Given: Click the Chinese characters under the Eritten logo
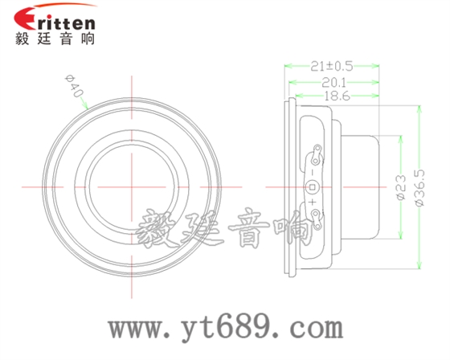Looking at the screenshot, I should coord(55,39).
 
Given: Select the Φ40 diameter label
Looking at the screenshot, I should coord(73,86).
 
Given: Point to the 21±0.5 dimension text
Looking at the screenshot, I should coord(332,66).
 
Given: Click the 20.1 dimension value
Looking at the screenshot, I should coord(332,81).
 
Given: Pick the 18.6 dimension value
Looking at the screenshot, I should coord(332,96).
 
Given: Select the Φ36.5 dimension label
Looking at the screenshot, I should coord(419,188).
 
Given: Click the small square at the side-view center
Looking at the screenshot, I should coord(312,186).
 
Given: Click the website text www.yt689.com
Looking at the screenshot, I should coord(226,329).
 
